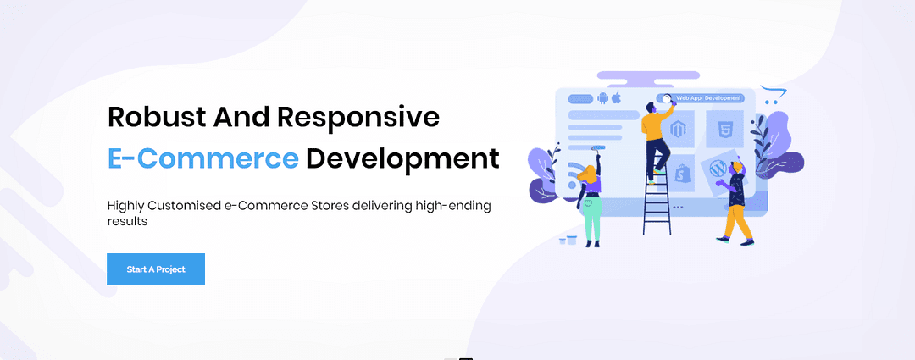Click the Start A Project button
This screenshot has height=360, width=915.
pos(156,269)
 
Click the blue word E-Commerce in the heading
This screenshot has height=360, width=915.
pos(203,158)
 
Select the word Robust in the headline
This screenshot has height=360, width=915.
pos(156,117)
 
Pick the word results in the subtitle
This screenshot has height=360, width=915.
pos(126,222)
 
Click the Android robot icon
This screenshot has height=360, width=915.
pos(603,98)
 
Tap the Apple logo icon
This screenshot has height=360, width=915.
pos(616,97)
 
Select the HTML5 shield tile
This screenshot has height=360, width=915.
pos(724,129)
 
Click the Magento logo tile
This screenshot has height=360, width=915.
pos(677,130)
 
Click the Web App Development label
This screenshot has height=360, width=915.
pos(707,98)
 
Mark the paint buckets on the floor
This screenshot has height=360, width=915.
pos(568,239)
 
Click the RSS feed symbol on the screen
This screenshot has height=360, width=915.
pos(577,172)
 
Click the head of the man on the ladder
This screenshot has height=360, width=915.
pos(652,107)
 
